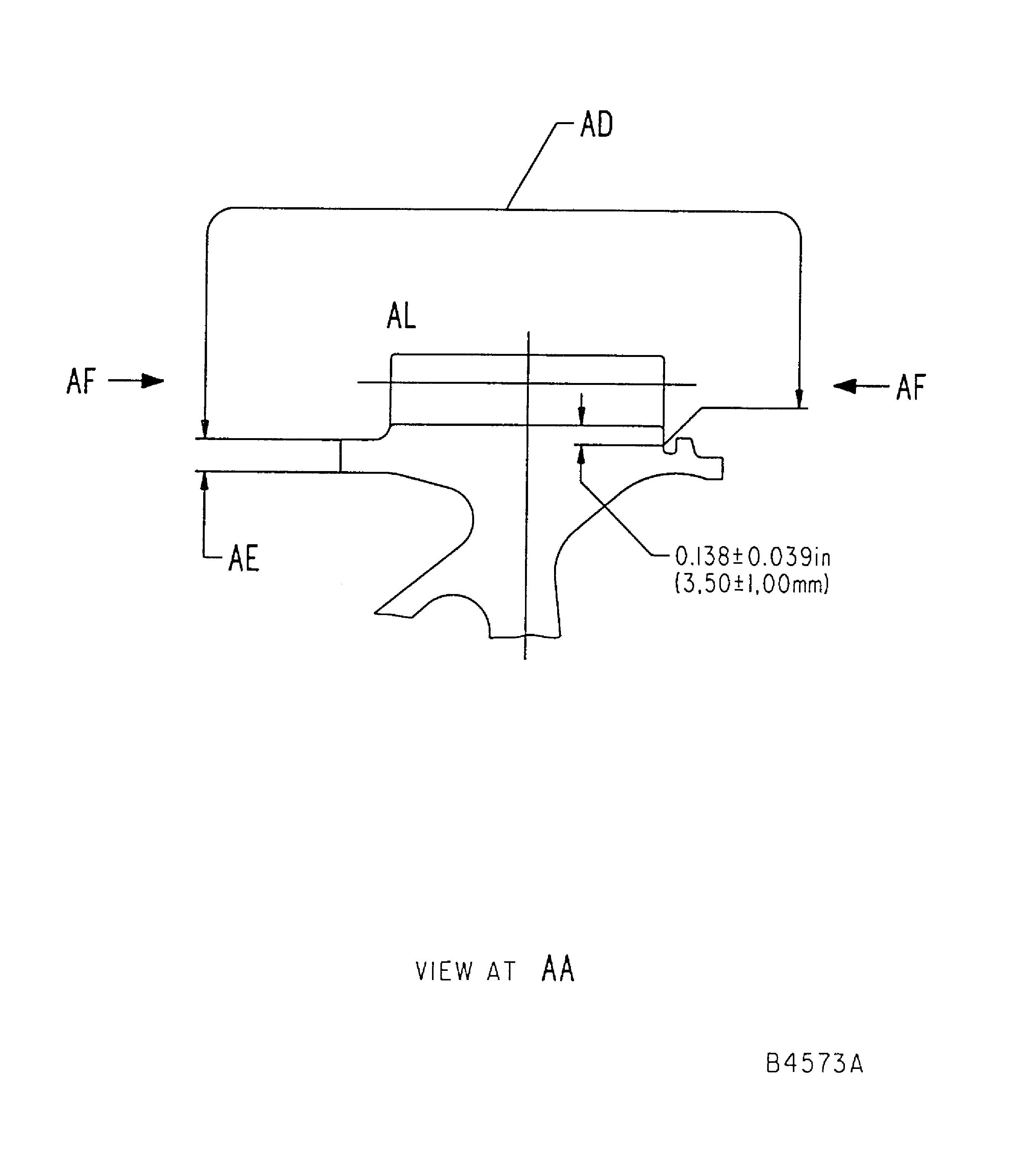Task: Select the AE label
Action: coord(243,558)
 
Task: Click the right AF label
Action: coord(911,388)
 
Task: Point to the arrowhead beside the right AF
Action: coord(845,386)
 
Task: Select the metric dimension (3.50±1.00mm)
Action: coord(752,584)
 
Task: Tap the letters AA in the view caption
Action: coord(558,970)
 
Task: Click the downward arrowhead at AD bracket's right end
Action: coord(799,398)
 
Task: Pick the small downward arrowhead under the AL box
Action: coord(581,417)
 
